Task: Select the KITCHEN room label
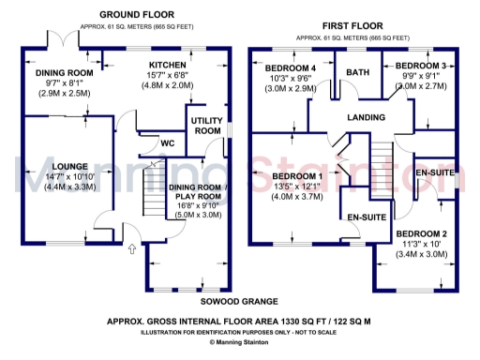click(x=154, y=64)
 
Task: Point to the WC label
click(x=167, y=143)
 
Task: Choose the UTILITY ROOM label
click(x=206, y=127)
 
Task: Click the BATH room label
click(x=357, y=72)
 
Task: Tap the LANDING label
click(x=366, y=117)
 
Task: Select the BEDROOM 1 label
click(x=296, y=176)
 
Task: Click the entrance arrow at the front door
click(x=130, y=248)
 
